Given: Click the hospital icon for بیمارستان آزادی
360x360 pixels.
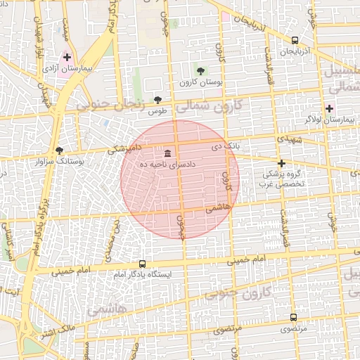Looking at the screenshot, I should (67, 58).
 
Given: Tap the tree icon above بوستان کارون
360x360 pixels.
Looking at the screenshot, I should (201, 70).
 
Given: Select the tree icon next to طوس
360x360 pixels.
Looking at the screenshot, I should (157, 100).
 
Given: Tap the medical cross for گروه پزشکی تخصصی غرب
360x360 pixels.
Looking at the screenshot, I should (281, 163).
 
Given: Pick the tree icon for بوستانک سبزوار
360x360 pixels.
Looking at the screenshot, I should (59, 150).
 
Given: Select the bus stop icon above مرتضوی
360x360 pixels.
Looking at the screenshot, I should (293, 317).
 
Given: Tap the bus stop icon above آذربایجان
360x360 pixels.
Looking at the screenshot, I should (294, 40).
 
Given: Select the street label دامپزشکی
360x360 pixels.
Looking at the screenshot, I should (127, 149).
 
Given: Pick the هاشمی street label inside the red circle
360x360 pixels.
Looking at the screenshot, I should (219, 208).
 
